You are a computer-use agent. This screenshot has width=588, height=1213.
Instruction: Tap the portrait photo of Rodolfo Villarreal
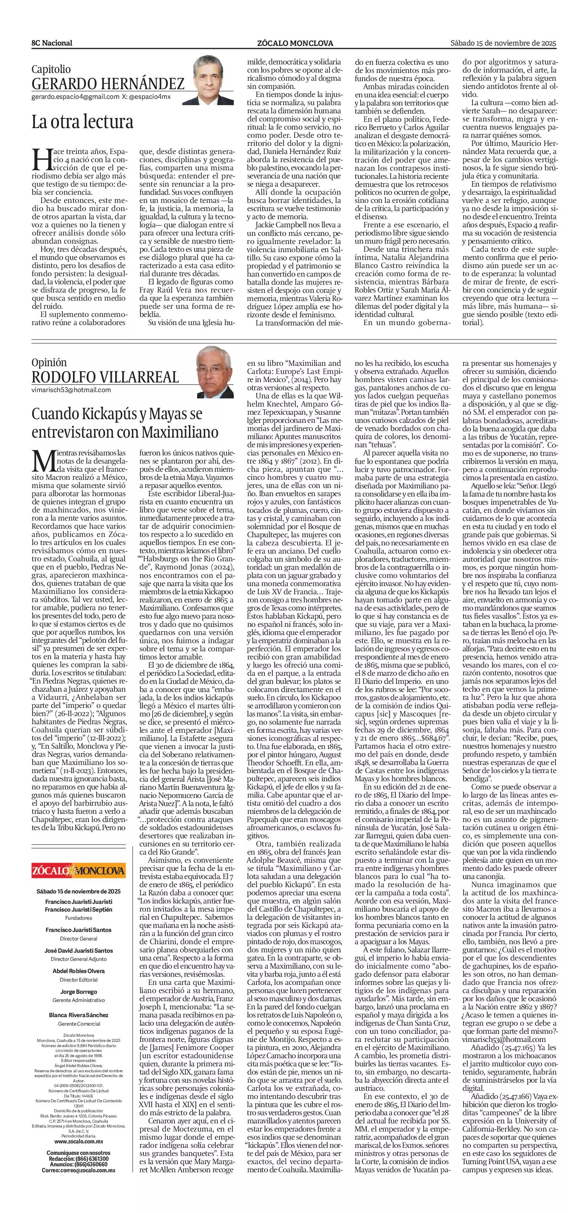click(x=215, y=372)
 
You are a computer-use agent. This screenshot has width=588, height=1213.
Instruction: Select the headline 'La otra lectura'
click(x=83, y=122)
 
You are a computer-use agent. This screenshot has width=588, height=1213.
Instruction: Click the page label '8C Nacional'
click(x=52, y=43)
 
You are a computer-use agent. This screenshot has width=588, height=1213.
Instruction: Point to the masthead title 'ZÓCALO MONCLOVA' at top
click(x=295, y=43)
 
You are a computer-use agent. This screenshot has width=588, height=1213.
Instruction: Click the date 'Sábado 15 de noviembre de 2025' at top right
click(x=503, y=43)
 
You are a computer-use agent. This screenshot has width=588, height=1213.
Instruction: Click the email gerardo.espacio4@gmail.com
click(x=75, y=97)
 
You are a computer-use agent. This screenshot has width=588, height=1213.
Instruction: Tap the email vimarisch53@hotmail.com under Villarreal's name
click(x=71, y=390)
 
